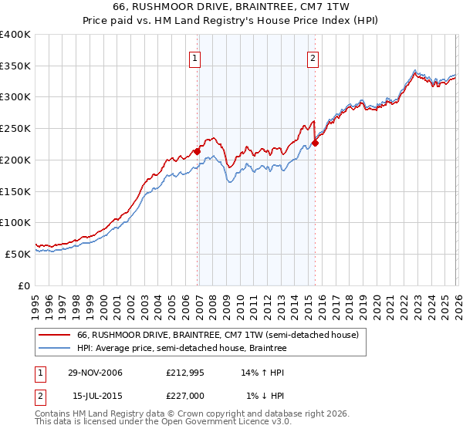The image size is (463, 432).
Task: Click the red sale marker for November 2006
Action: pyautogui.click(x=198, y=152)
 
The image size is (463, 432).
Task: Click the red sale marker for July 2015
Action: pyautogui.click(x=316, y=143)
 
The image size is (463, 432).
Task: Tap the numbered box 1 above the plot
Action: pyautogui.click(x=194, y=57)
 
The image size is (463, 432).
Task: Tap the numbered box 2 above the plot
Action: pyautogui.click(x=313, y=57)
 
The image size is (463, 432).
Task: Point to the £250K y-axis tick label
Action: pyautogui.click(x=15, y=129)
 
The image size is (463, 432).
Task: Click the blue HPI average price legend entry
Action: pyautogui.click(x=181, y=349)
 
